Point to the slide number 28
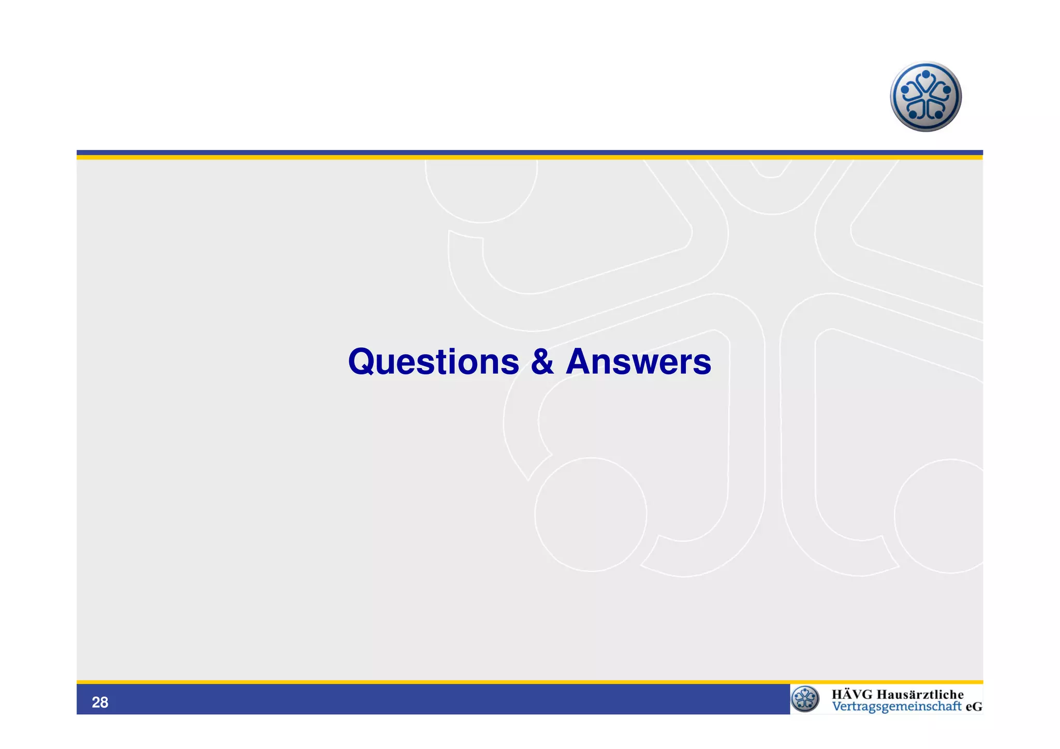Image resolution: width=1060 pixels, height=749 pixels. coord(100,702)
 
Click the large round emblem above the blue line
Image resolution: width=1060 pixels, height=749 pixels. coord(925,97)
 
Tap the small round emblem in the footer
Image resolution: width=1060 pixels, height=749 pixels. coord(805,699)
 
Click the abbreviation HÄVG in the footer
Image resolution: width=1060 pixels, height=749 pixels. coord(852,695)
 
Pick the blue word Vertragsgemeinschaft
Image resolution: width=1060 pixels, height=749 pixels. coord(896,707)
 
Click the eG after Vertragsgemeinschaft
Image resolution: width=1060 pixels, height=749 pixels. coord(974,707)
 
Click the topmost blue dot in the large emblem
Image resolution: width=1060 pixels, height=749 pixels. coord(926,75)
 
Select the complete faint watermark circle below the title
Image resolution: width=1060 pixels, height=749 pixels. coord(591,515)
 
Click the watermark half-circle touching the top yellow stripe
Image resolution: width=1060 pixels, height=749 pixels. coord(481,189)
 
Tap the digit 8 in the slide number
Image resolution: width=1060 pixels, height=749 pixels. coord(104,702)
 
